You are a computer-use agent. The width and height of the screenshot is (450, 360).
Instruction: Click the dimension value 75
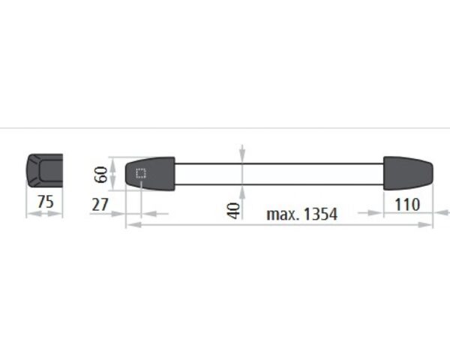46,202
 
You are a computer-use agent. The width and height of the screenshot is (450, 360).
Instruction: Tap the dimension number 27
100,205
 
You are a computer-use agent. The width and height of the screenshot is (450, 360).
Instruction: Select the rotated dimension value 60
101,174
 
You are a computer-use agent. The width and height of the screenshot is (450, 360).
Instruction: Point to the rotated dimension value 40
233,211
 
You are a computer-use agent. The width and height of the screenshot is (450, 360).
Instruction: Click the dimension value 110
407,205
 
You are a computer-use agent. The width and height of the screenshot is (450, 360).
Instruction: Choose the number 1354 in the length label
320,214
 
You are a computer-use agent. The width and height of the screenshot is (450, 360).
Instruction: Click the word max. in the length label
283,214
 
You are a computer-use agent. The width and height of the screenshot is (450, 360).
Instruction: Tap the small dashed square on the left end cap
141,173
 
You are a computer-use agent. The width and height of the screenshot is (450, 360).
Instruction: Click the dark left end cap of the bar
151,173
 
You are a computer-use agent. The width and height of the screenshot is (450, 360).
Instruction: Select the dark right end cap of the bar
408,173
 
